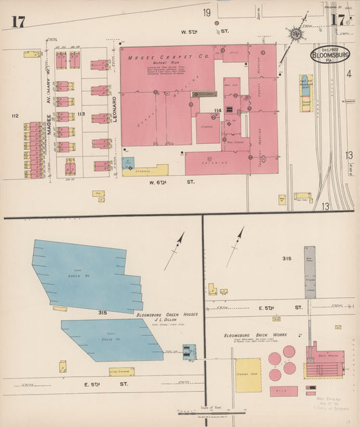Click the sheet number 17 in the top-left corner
pos(18,21)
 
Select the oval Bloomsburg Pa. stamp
pos(330,55)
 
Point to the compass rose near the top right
pos(295,33)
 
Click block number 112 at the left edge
pos(15,116)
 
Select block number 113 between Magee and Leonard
pos(81,114)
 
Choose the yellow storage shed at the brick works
pos(248,375)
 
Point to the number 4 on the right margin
pos(349,74)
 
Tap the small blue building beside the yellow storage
pos(128,163)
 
